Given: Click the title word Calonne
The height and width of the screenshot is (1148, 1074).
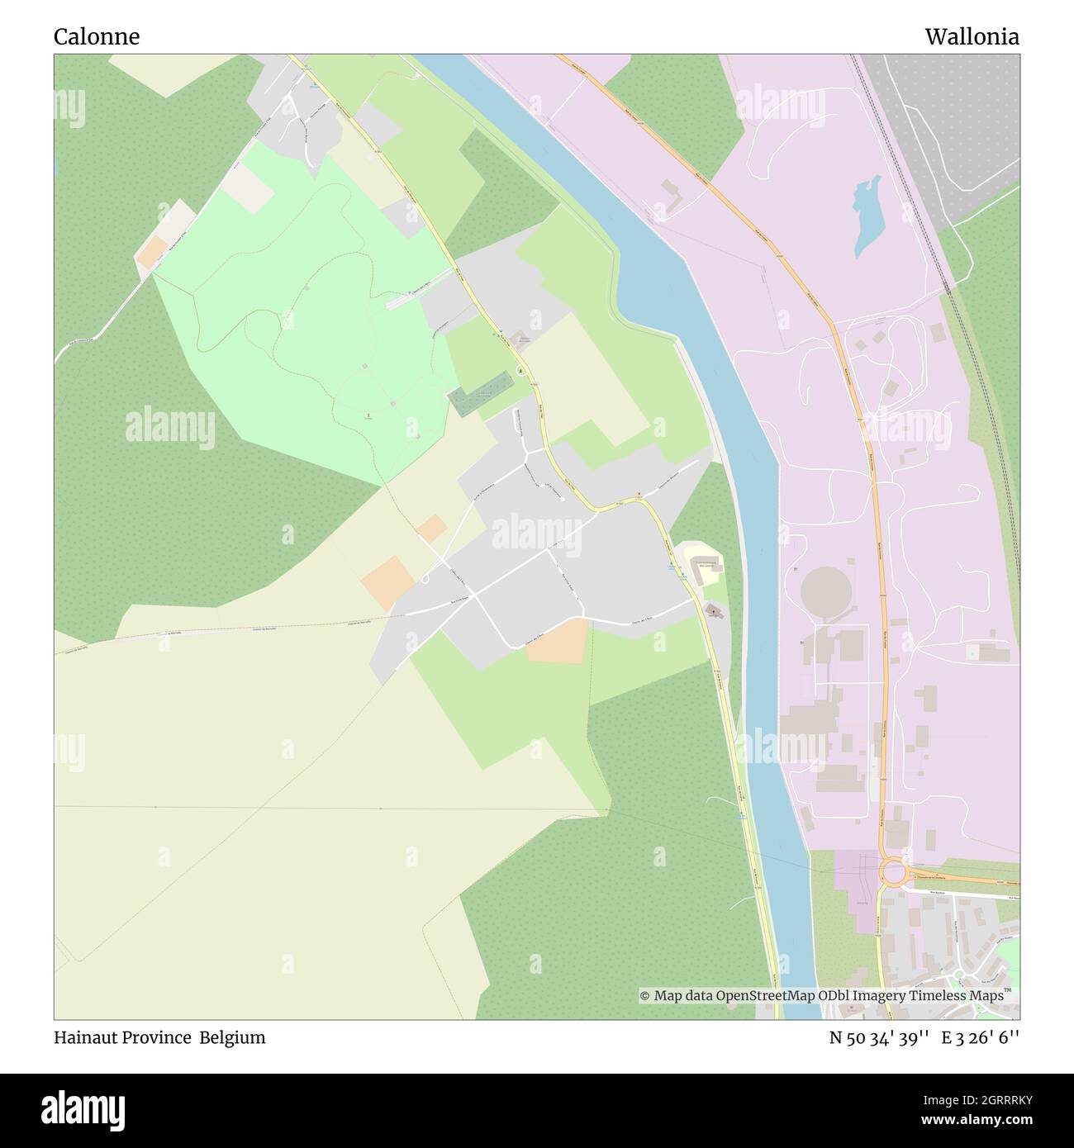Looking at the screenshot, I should (97, 37).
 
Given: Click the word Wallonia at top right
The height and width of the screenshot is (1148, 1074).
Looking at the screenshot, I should (972, 37).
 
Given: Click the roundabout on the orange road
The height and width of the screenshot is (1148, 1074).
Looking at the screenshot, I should (893, 872).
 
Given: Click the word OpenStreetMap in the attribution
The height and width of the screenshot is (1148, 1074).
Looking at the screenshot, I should (766, 996).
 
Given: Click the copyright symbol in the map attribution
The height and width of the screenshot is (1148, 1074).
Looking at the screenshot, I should (645, 996).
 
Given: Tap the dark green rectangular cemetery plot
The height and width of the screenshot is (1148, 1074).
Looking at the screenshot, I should (481, 394).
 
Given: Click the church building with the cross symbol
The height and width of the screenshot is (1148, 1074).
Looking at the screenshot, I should (713, 611).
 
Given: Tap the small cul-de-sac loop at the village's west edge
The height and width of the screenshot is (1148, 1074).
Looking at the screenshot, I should (424, 578).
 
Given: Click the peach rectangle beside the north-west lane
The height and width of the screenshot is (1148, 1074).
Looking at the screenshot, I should (151, 252).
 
